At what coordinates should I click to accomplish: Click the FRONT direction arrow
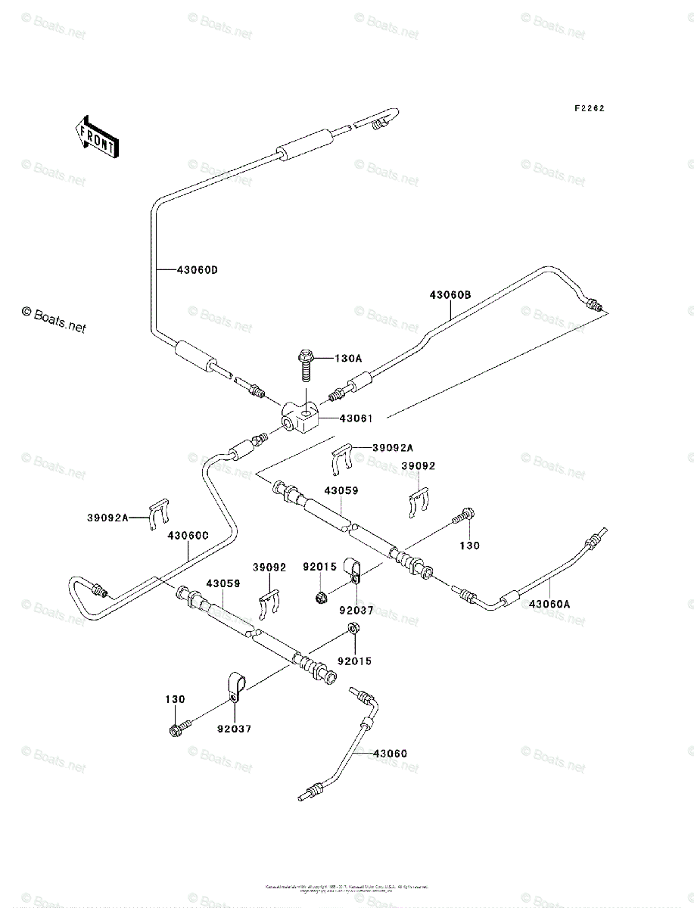95,135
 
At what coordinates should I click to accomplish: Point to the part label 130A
348,358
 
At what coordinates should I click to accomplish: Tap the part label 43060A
551,604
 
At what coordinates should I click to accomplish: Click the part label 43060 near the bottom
390,754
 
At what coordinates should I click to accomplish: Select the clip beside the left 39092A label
158,514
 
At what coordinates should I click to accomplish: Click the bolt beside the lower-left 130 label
179,729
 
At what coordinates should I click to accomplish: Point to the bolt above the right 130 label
464,518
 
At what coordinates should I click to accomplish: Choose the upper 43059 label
341,491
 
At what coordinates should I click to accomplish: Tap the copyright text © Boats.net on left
54,321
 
